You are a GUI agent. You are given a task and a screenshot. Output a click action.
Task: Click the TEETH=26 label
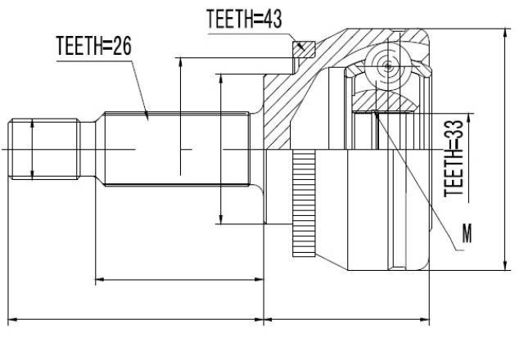click(94, 46)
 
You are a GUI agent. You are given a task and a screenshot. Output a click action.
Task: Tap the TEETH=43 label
click(244, 19)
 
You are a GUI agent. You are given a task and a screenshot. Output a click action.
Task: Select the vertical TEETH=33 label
click(454, 159)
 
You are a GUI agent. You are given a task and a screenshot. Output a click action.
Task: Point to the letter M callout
click(467, 233)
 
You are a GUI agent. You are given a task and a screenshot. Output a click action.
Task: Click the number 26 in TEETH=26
click(122, 46)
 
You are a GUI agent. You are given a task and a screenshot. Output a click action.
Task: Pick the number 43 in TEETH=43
click(273, 19)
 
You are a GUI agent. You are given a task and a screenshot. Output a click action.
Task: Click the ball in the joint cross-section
click(387, 66)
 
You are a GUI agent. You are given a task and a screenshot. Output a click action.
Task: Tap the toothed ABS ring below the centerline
click(304, 204)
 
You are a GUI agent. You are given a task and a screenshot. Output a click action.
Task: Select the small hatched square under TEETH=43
click(304, 49)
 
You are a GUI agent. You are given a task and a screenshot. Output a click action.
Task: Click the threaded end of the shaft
click(44, 149)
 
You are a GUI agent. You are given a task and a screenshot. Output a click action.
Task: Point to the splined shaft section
click(177, 149)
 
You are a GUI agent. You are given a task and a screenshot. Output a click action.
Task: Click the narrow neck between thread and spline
click(88, 149)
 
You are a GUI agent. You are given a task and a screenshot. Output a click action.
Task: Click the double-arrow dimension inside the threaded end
click(32, 149)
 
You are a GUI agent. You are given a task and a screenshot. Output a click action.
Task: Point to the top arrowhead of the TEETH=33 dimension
click(469, 117)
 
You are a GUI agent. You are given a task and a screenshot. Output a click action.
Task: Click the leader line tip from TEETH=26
click(147, 118)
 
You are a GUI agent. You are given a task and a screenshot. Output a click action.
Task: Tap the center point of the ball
click(387, 66)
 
